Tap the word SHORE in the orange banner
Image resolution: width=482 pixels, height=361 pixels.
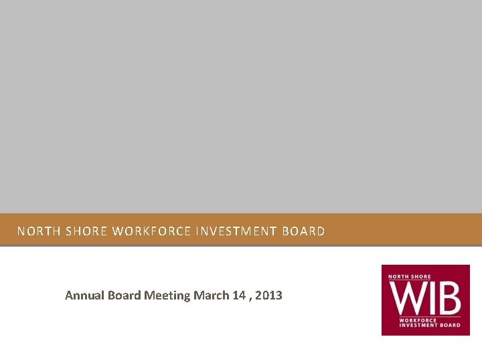[86, 232]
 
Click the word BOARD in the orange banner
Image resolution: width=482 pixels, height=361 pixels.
[304, 232]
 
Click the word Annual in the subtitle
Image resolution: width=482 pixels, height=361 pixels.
[83, 295]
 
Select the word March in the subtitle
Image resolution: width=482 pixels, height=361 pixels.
[209, 295]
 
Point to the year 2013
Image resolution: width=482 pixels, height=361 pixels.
[268, 295]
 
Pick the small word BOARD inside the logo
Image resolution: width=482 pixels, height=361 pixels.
[451, 325]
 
